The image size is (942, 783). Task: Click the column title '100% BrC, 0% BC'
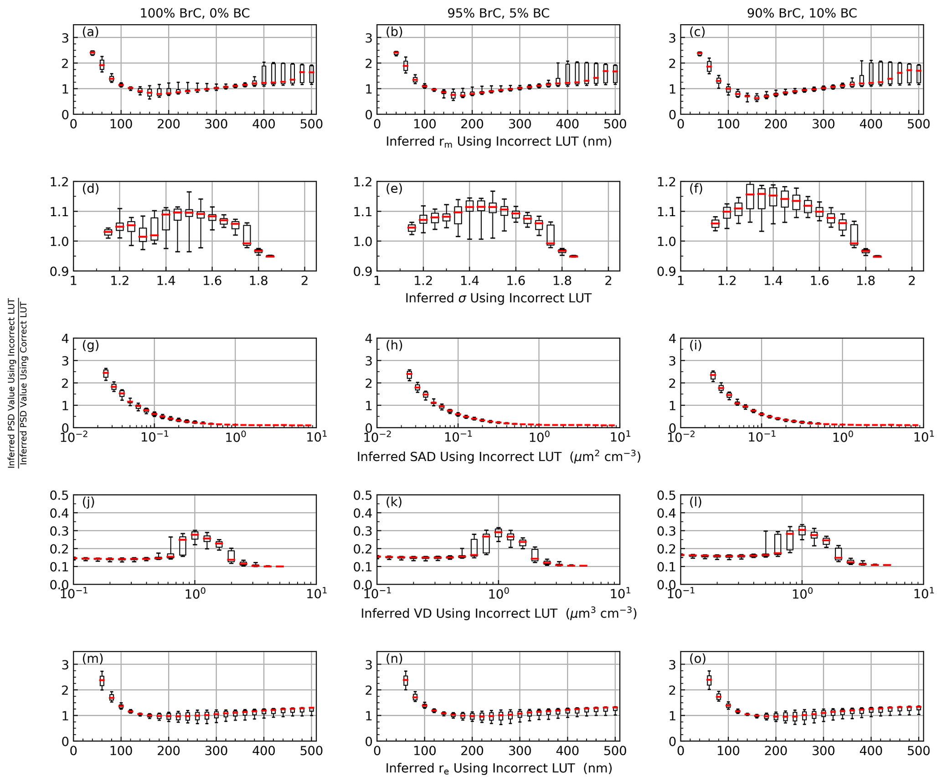(x=195, y=13)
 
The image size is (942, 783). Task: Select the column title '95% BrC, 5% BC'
(x=498, y=13)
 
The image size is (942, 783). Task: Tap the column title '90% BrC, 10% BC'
(x=802, y=13)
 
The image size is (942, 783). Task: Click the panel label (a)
(x=90, y=32)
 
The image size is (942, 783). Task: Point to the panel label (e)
(x=394, y=188)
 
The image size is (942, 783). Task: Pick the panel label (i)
(x=695, y=345)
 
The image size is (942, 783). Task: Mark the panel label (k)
(x=394, y=502)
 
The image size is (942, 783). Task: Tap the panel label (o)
(x=698, y=659)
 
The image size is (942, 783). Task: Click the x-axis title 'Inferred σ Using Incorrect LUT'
(x=498, y=298)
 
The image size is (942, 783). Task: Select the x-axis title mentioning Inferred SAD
(x=499, y=456)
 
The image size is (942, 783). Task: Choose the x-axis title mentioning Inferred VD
(x=499, y=613)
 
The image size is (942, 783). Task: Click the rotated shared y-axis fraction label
(x=18, y=382)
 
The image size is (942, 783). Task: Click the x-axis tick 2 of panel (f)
(x=911, y=281)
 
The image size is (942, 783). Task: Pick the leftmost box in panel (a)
(x=93, y=53)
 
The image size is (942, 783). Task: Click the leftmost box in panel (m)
(x=102, y=681)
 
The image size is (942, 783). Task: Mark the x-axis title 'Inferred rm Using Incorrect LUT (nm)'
(x=498, y=142)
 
